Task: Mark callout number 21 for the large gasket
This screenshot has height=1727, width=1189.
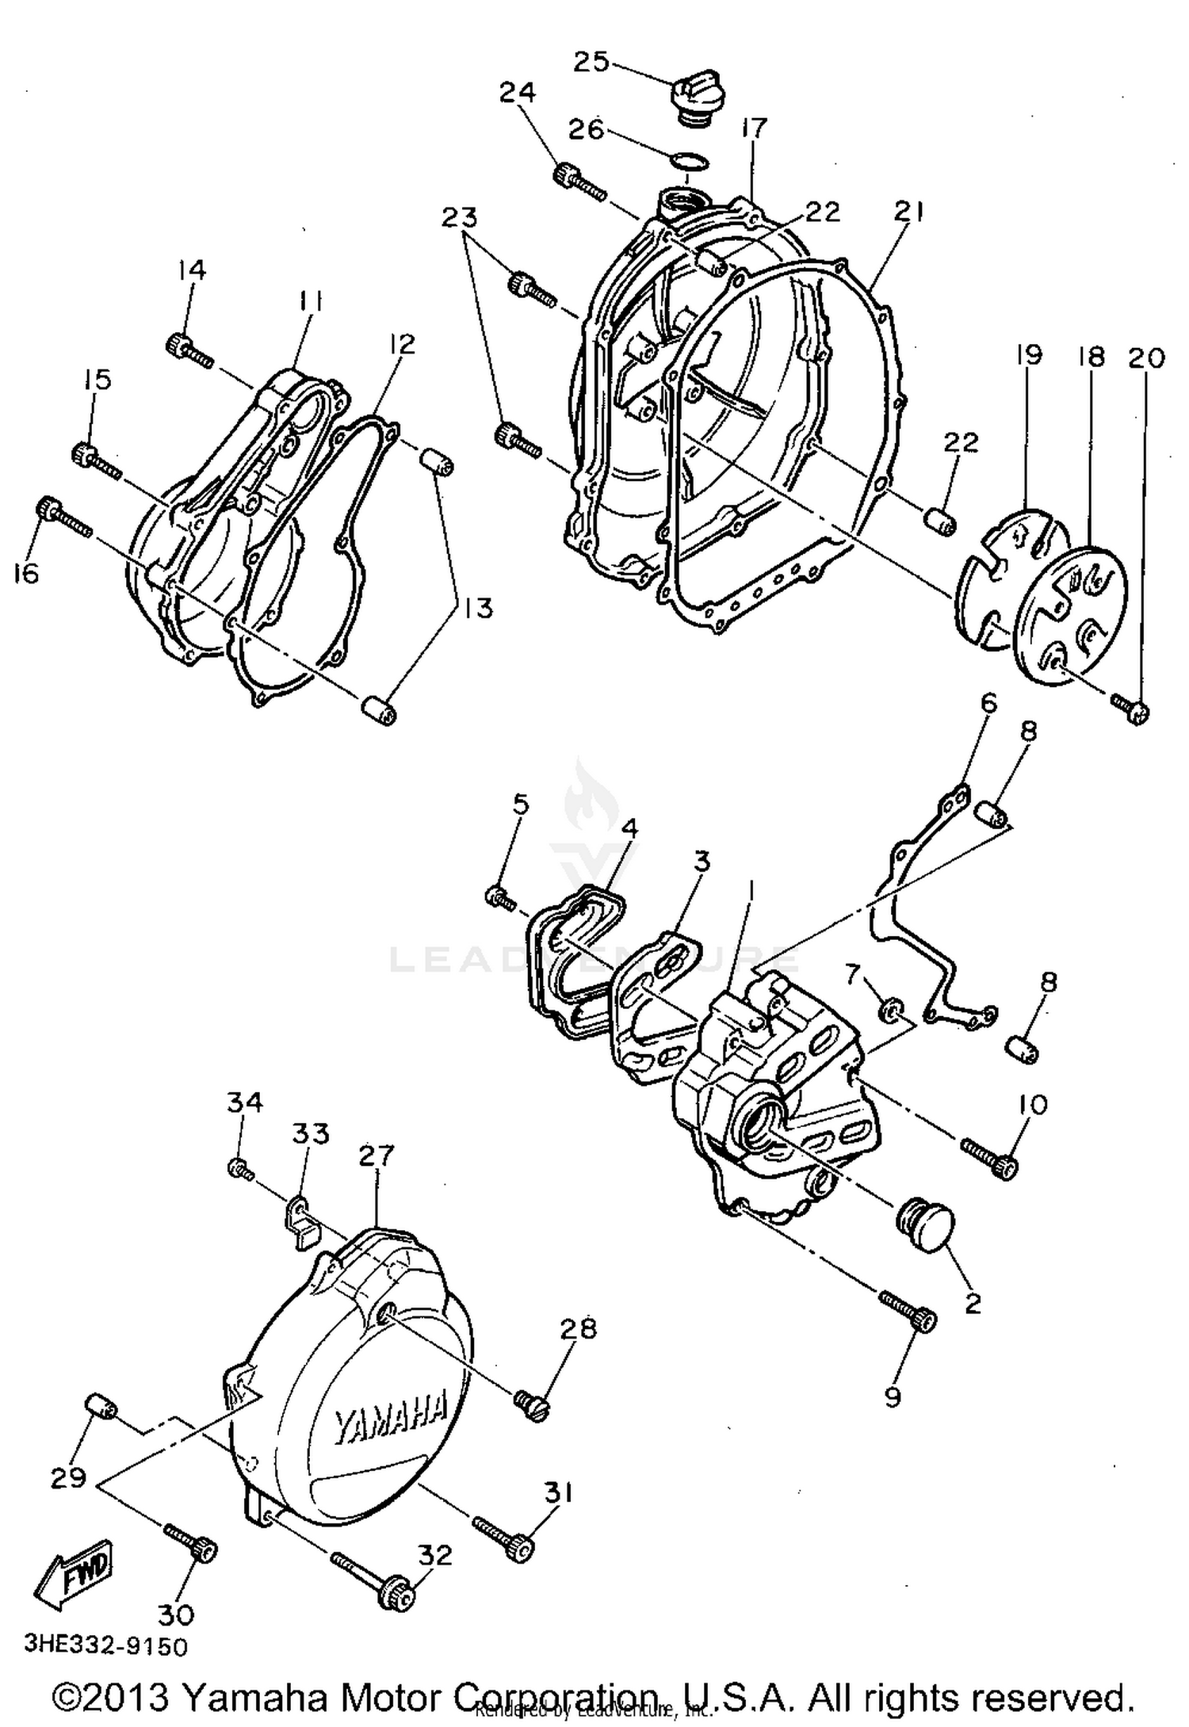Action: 908,212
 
